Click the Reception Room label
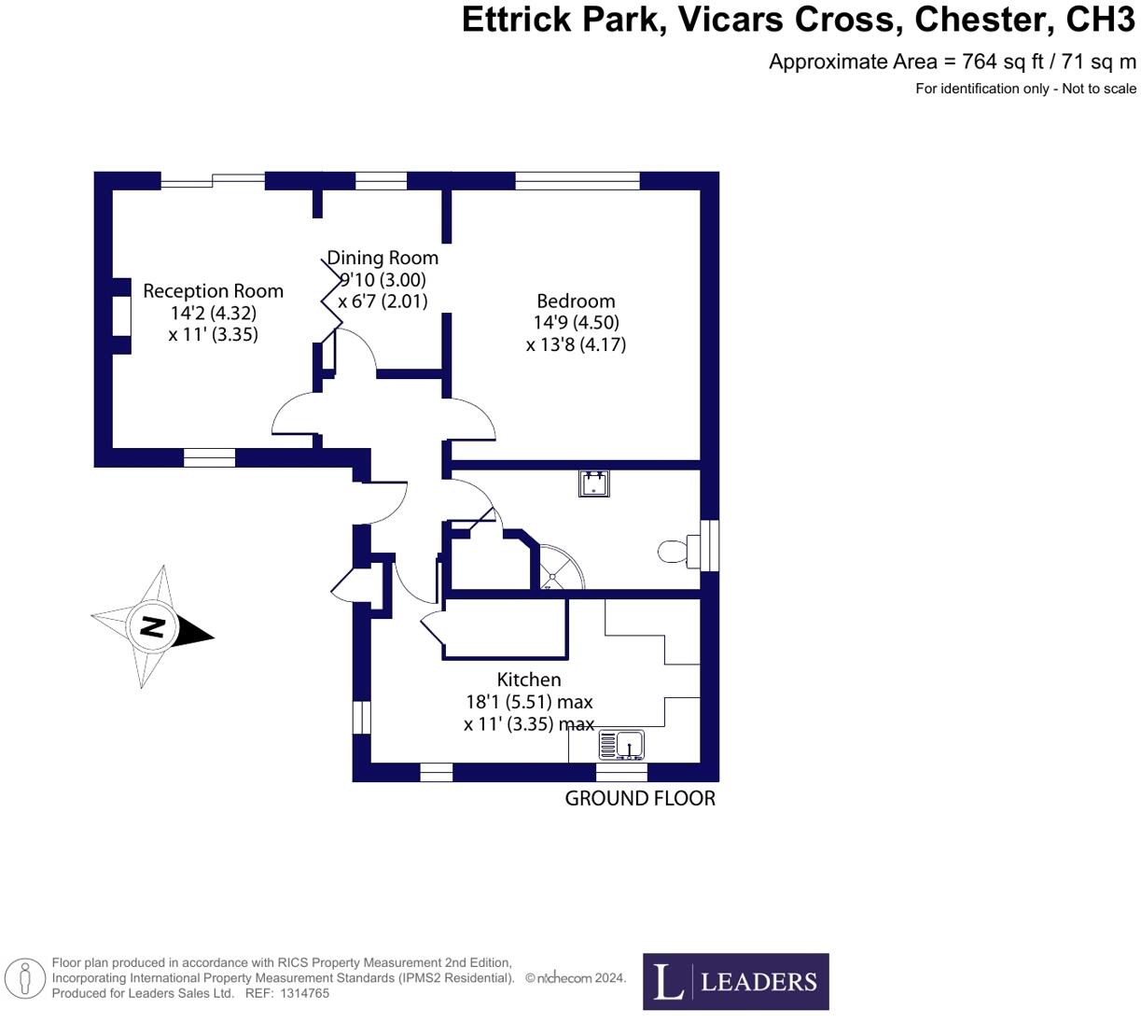[213, 291]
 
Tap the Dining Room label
[383, 258]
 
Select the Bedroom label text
[576, 301]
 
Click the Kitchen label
[528, 680]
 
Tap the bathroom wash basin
[593, 483]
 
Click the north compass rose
[152, 626]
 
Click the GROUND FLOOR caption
[640, 798]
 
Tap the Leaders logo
[735, 981]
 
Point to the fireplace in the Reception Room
[121, 315]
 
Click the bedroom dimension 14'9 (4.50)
[576, 322]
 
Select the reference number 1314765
[300, 993]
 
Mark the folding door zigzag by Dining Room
[332, 294]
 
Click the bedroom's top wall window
[577, 180]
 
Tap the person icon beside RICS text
[25, 979]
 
